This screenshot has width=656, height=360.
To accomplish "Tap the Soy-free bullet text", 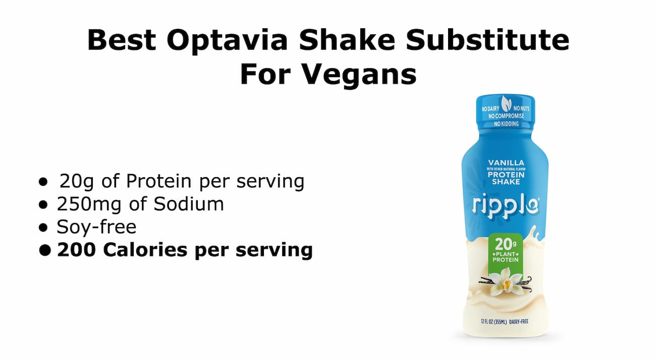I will point(96,227).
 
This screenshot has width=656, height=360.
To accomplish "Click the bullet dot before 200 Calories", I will point(45,250).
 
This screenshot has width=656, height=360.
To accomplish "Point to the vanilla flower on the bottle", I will point(505,280).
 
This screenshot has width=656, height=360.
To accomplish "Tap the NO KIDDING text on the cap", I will point(506,124).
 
